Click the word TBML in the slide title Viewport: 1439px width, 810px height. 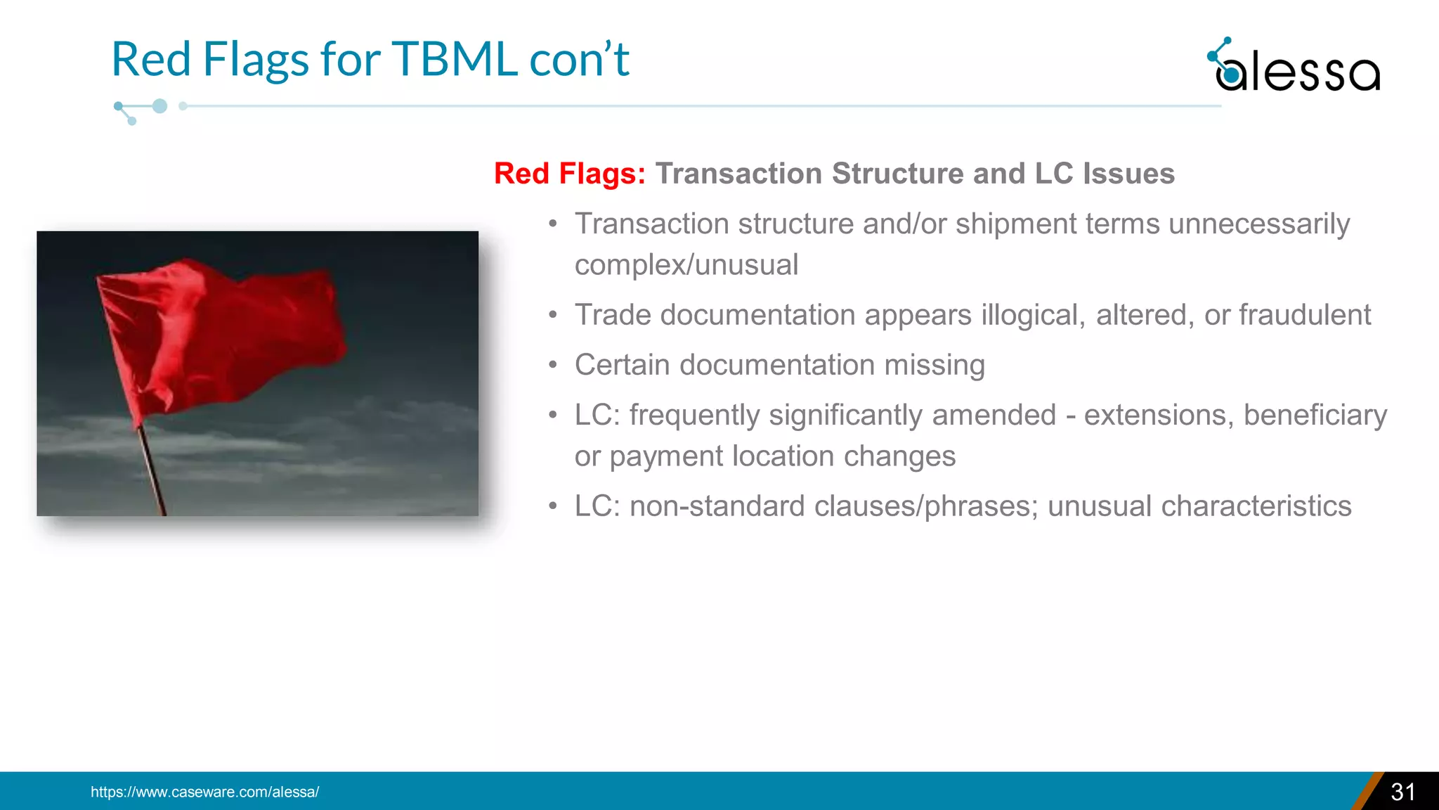pyautogui.click(x=454, y=59)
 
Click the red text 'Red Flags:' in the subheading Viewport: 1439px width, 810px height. pyautogui.click(x=569, y=174)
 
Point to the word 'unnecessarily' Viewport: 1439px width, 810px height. pyautogui.click(x=1258, y=224)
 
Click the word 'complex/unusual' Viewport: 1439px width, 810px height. pyautogui.click(x=686, y=265)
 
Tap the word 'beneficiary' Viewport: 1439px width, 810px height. pyautogui.click(x=1315, y=415)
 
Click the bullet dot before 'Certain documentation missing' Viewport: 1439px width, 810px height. pyautogui.click(x=553, y=366)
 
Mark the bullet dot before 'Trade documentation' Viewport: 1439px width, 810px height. pyautogui.click(x=553, y=316)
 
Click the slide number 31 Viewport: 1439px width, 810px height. pyautogui.click(x=1402, y=792)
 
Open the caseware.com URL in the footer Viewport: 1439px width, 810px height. pyautogui.click(x=204, y=792)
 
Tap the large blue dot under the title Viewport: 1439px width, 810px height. pyautogui.click(x=159, y=106)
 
